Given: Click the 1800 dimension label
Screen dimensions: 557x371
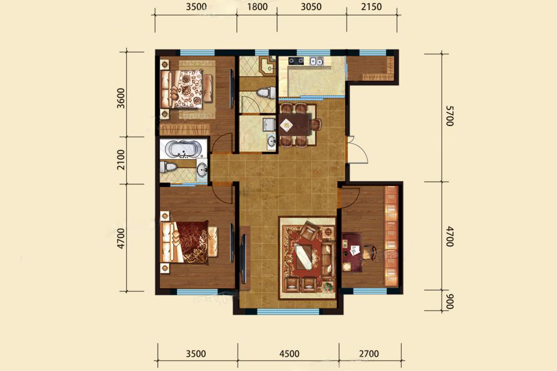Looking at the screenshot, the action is point(257,7).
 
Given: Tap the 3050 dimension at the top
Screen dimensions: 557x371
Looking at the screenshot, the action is point(311,7).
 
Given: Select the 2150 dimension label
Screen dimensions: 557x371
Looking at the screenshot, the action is point(371,7).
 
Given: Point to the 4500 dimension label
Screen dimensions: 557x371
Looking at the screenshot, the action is point(289,354).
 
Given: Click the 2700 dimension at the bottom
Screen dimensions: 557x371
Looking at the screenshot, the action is point(369,354).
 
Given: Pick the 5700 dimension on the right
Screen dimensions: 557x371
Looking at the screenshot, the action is point(449,116).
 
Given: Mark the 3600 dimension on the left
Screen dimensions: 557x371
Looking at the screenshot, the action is point(121,98).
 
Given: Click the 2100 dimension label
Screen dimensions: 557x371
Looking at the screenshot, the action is point(121,160).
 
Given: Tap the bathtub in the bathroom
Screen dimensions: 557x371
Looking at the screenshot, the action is point(183,148).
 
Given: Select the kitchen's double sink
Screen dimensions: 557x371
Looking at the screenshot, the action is point(316,61).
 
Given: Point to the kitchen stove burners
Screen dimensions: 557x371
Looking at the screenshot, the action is point(296,61).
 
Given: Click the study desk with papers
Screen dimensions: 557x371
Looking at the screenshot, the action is point(352,252).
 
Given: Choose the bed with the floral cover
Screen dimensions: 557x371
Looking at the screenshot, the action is point(186,89).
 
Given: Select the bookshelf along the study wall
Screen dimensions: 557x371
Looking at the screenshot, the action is point(391,236).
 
